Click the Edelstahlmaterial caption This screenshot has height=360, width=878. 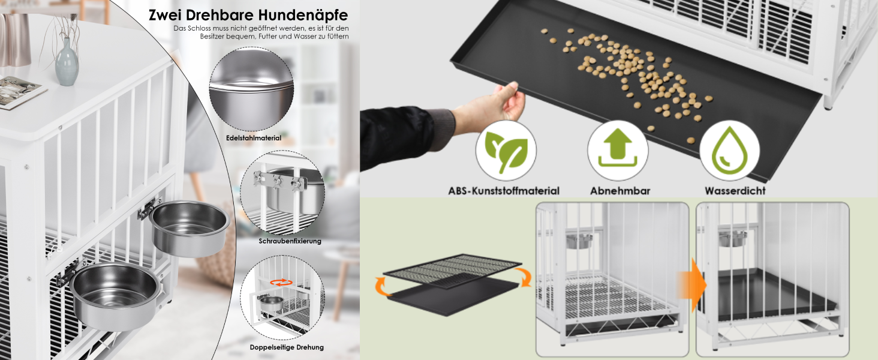(254, 138)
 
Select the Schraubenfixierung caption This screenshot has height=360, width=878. (290, 241)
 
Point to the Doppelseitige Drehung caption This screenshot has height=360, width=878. (287, 347)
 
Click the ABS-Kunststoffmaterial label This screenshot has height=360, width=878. (504, 191)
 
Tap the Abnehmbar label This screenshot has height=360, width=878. (620, 191)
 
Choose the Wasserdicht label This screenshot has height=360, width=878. (735, 191)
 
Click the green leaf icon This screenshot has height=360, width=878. (506, 151)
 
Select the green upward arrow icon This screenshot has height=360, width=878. (618, 148)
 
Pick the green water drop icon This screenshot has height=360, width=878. (729, 150)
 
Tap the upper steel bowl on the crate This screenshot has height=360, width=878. (190, 229)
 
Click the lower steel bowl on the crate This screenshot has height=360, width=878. (115, 296)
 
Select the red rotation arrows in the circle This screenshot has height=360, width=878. (281, 283)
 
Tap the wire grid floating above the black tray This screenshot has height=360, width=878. (452, 271)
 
